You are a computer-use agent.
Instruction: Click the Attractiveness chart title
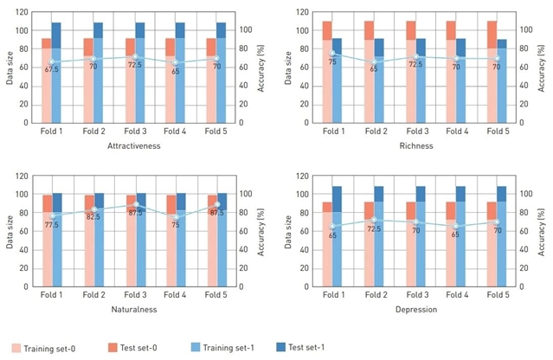click(x=135, y=148)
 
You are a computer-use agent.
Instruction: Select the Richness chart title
click(x=411, y=148)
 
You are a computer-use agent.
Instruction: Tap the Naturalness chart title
click(x=135, y=309)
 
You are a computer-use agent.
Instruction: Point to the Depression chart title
click(x=411, y=309)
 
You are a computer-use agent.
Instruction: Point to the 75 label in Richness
click(x=331, y=62)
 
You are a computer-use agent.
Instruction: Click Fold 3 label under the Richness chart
click(x=411, y=131)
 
